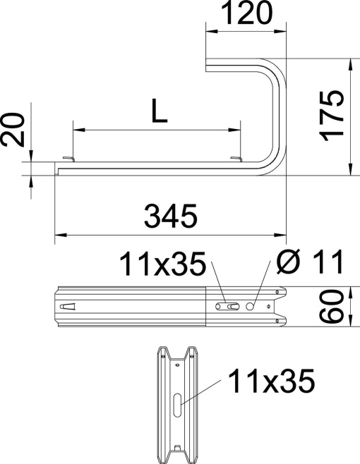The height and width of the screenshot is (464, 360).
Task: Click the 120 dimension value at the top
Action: click(x=246, y=13)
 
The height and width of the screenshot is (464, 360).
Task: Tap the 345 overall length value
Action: click(x=171, y=216)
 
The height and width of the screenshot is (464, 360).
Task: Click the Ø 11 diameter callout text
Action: click(x=308, y=264)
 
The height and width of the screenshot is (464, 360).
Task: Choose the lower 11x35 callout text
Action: click(x=269, y=383)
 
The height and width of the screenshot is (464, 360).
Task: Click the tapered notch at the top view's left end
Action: click(x=67, y=307)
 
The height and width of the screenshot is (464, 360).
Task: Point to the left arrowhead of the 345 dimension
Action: click(x=59, y=233)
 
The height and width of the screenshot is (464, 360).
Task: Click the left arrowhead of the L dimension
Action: click(x=77, y=130)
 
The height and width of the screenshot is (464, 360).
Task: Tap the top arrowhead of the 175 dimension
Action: click(x=350, y=63)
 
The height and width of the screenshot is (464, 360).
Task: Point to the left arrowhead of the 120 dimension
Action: click(x=210, y=30)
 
